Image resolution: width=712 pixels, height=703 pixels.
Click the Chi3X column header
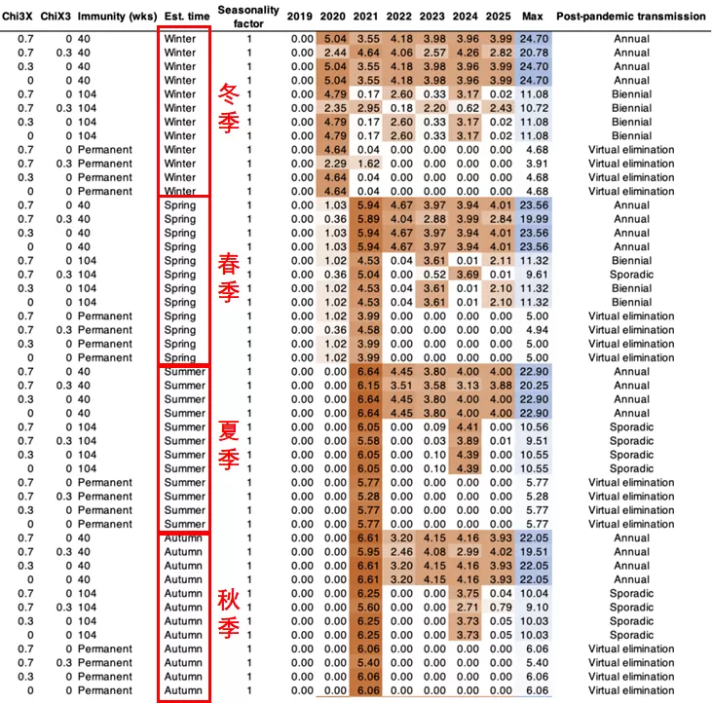coord(18,17)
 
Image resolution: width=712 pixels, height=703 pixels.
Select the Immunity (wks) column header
coord(117,17)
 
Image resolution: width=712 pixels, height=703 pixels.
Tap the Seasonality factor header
coord(248,17)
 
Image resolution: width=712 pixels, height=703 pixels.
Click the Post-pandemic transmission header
coord(631,17)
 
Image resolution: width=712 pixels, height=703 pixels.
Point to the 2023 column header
coord(431,17)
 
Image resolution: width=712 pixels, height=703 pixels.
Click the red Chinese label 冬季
coord(229,109)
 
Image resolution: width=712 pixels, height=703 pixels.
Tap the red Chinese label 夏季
coord(229,445)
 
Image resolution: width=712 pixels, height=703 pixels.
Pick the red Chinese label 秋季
coord(229,612)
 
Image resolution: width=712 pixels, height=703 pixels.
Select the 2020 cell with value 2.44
coord(336,53)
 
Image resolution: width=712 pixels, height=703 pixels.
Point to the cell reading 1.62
coord(368,164)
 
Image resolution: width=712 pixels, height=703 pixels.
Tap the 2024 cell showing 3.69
coord(468,275)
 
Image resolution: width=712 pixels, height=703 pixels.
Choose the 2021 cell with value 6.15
coord(368,386)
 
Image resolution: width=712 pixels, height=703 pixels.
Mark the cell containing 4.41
coord(468,427)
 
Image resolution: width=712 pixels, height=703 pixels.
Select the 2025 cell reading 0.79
coord(501,608)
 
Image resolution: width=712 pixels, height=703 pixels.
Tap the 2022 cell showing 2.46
coord(401,552)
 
